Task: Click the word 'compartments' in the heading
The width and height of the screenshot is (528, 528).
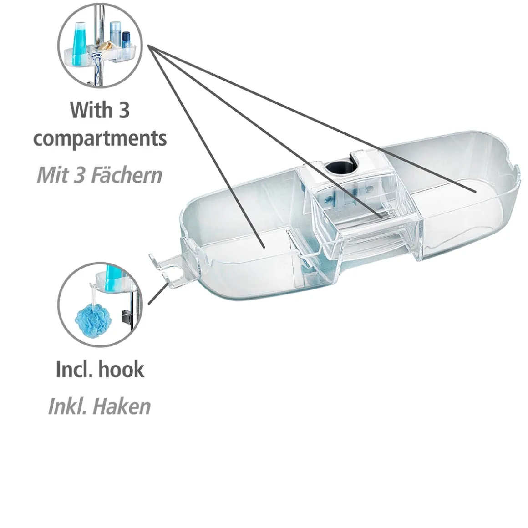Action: (x=100, y=139)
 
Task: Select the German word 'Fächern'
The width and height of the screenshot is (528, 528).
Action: (x=127, y=175)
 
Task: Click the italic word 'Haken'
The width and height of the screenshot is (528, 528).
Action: (x=121, y=406)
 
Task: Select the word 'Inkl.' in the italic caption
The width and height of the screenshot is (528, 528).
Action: (x=67, y=406)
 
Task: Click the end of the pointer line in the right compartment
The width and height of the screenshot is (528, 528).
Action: (x=475, y=192)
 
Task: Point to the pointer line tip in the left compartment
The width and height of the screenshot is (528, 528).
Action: (x=264, y=248)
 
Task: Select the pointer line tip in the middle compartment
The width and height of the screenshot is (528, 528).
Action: (x=382, y=218)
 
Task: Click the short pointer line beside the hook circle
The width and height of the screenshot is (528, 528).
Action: (x=158, y=294)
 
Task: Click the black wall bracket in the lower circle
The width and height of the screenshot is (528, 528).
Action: (x=125, y=317)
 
